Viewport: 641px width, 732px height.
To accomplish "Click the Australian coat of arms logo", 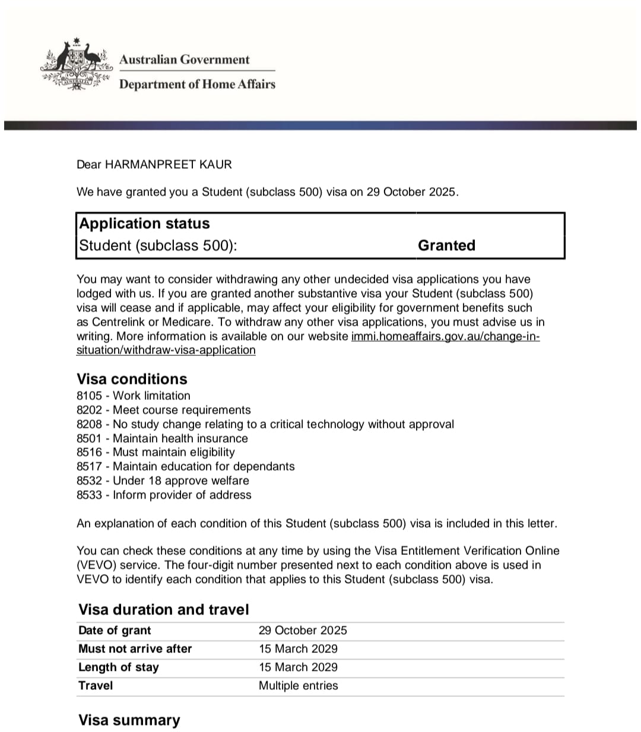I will (76, 65).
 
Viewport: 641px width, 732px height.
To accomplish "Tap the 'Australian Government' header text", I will (184, 59).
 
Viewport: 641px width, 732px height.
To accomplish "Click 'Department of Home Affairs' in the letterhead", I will (197, 84).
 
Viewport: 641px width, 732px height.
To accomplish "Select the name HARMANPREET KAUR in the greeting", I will (168, 164).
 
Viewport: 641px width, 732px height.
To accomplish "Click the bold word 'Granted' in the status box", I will (446, 245).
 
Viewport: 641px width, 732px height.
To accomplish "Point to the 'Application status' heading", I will (144, 223).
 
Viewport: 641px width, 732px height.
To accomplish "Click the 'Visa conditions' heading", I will (132, 379).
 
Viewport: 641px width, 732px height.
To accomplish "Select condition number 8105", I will (89, 396).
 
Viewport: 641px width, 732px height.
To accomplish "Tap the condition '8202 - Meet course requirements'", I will (164, 410).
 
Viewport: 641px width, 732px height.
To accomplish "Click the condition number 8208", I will (89, 424).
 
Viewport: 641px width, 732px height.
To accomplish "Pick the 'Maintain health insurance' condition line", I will (162, 438).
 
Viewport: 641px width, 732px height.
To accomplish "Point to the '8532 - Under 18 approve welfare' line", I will (163, 481).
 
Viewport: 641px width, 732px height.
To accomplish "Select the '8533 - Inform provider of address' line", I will (164, 495).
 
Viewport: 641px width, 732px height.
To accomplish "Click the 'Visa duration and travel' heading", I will (163, 610).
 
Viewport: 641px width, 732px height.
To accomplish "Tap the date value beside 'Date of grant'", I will (303, 630).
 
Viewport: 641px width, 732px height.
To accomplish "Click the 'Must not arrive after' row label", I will (135, 649).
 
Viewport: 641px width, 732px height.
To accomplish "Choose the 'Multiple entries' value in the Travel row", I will (298, 686).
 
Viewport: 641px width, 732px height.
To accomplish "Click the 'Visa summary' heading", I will (129, 720).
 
